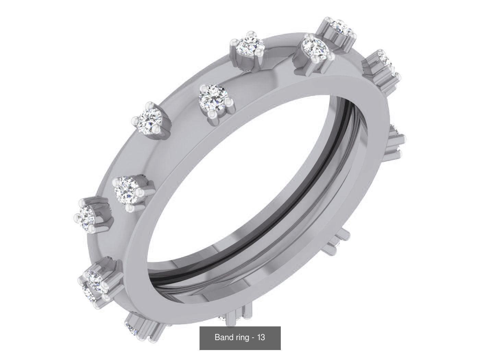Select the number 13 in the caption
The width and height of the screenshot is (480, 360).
(261, 337)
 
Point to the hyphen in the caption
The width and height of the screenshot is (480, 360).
(253, 337)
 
